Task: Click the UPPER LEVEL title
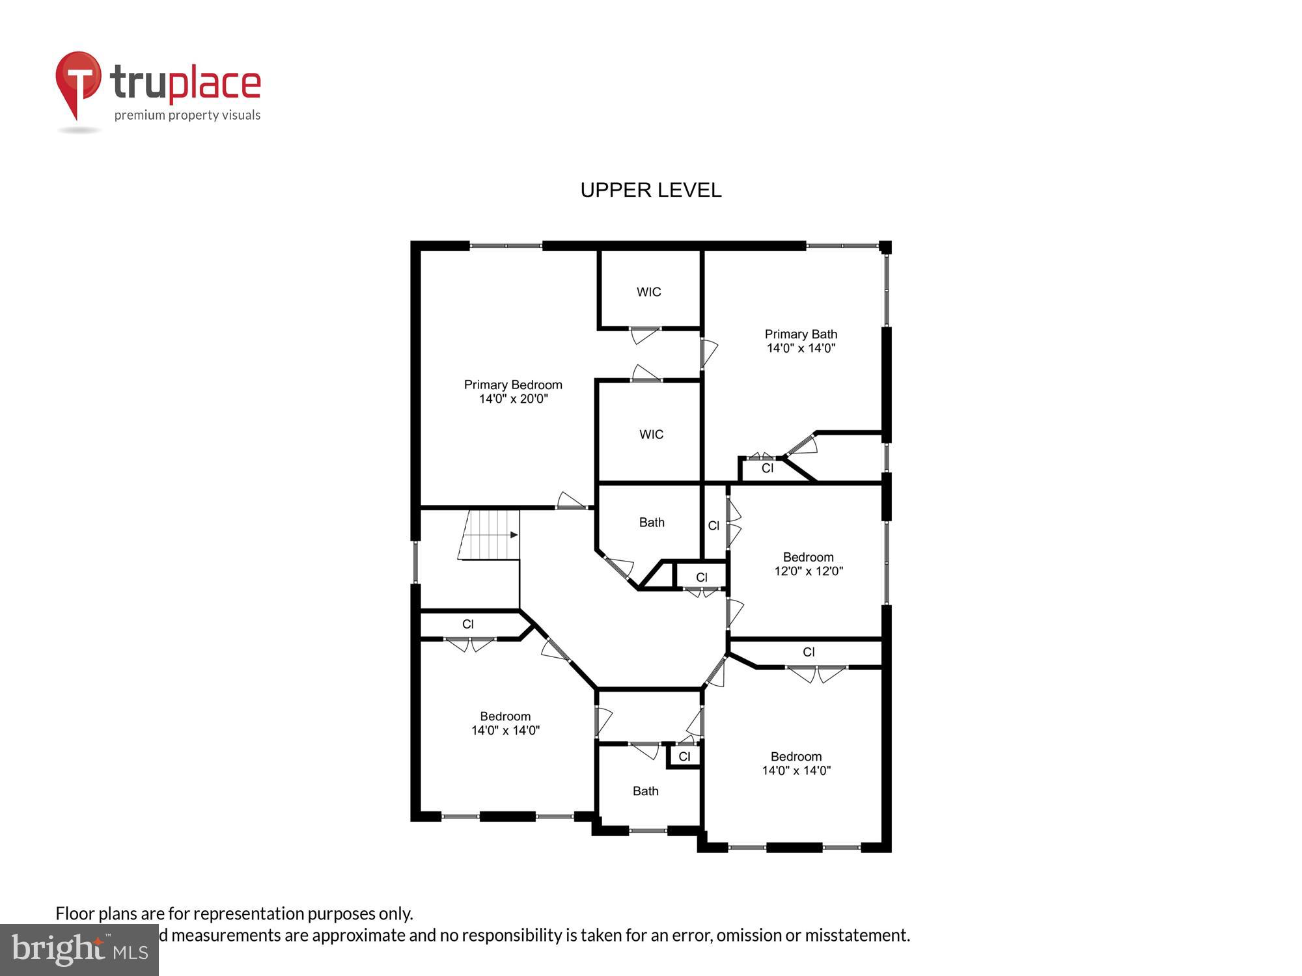650,190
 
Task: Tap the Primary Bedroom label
513,392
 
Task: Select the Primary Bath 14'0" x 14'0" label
801,341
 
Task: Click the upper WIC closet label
648,292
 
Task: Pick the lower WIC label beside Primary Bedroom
651,435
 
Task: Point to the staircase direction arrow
514,535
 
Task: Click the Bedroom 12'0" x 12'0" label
808,564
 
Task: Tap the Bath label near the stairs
651,522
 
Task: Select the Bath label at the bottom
645,791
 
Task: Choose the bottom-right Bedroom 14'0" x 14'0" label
796,763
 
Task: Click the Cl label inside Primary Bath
767,468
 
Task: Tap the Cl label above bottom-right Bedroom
809,652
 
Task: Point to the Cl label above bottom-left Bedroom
467,625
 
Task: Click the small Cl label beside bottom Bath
684,757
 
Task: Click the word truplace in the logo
186,83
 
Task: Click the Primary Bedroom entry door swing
571,501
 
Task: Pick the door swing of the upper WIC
644,336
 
